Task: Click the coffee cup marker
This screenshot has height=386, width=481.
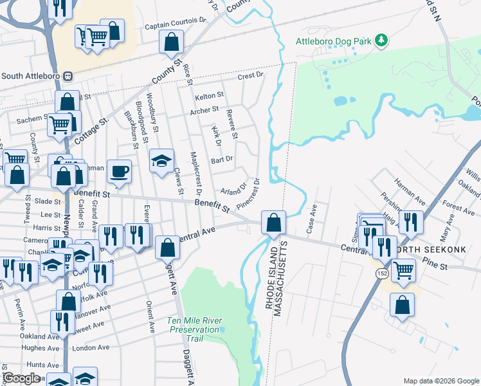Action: [119, 172]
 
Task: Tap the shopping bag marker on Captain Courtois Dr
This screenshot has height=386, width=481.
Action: [172, 43]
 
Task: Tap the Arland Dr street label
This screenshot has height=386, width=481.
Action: [233, 190]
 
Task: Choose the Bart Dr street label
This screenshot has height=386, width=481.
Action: [222, 159]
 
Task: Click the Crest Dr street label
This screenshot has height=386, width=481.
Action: [251, 76]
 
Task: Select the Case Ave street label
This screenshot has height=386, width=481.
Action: [312, 218]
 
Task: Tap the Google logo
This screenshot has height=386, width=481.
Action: [22, 378]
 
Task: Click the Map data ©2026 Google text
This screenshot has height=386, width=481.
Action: [440, 381]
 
